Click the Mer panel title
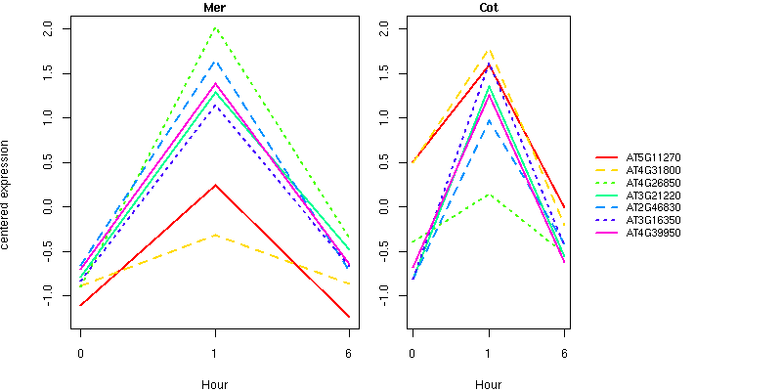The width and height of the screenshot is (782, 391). click(214, 8)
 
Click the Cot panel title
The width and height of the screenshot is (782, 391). click(488, 8)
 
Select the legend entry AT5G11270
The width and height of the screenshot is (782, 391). click(653, 157)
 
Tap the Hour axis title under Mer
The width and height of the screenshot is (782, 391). click(214, 385)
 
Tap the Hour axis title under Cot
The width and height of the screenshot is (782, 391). click(488, 385)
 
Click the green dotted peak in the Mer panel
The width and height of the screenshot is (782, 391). click(214, 28)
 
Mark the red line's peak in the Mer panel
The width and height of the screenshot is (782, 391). click(214, 185)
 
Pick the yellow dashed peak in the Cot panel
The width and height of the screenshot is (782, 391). click(488, 50)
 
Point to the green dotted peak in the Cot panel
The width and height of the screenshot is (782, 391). click(488, 195)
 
